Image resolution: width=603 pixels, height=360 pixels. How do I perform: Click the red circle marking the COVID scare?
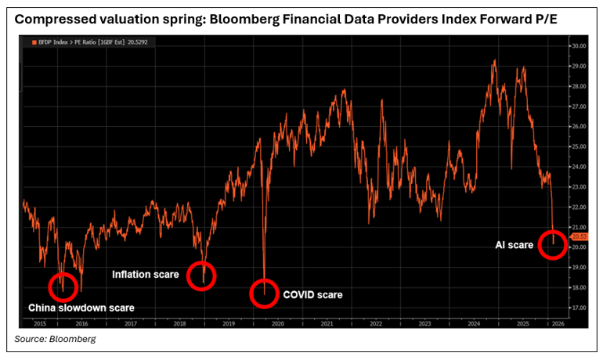point(264,293)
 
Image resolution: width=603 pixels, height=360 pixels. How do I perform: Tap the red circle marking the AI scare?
point(553,244)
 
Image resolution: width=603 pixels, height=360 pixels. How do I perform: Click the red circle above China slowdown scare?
point(62,287)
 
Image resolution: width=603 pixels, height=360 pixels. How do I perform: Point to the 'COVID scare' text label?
point(313,295)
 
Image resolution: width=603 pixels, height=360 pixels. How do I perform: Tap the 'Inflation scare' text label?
point(146,275)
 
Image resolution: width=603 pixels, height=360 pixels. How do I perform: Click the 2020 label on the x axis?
point(277,322)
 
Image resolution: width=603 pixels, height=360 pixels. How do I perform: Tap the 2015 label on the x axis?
point(39,322)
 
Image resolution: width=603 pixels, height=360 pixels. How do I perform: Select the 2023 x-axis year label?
point(424,322)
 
